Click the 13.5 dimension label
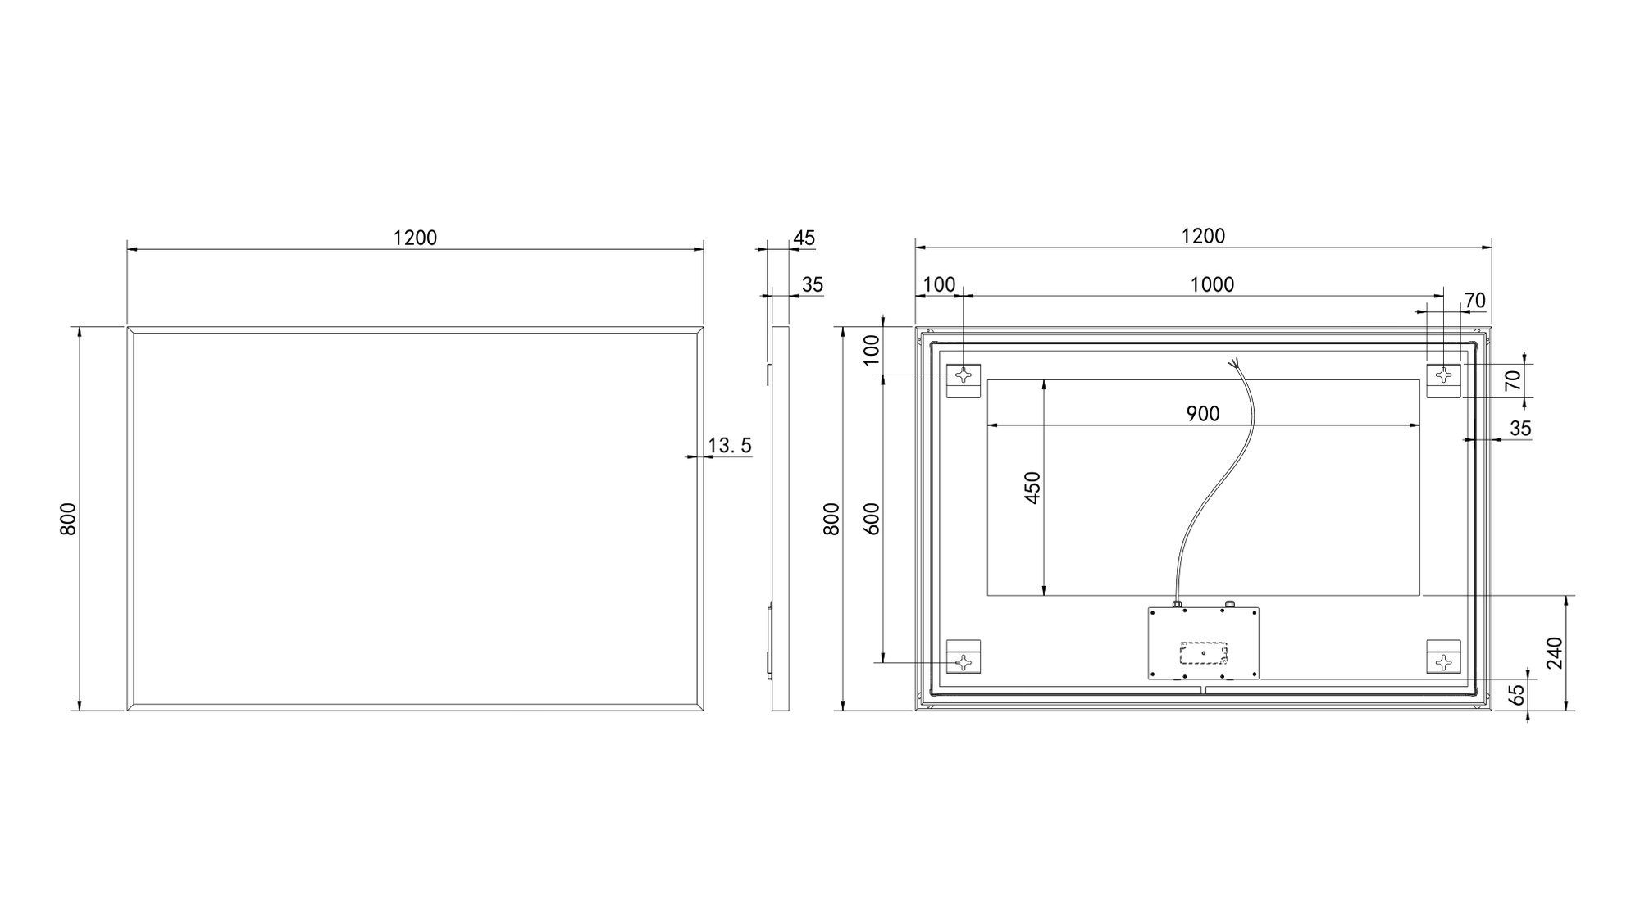coord(730,446)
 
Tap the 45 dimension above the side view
coord(804,238)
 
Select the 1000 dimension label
coord(1212,284)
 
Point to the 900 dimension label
coord(1203,415)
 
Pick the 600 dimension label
coord(872,519)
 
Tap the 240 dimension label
coord(1555,652)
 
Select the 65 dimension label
coord(1518,695)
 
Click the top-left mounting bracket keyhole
coord(963,375)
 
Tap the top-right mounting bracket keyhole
coord(1444,375)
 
